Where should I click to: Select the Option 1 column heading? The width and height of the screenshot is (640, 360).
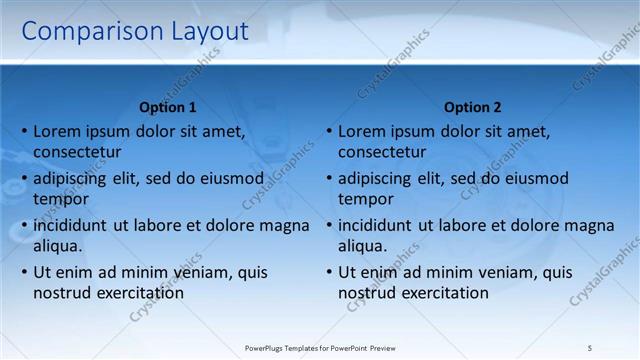point(168,107)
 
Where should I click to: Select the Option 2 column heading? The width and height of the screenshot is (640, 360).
point(472,107)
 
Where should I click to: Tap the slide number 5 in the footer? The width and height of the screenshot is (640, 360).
point(589,347)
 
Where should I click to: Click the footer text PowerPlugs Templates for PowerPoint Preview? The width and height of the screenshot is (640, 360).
point(320,347)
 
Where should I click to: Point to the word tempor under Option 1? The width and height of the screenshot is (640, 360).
point(61,200)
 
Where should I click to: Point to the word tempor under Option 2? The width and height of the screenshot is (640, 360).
point(365,200)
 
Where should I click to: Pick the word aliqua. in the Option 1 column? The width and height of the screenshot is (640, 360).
point(58,246)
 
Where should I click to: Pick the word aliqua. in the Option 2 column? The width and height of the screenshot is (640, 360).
point(362,246)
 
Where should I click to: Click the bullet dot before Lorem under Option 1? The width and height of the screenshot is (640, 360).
point(24,132)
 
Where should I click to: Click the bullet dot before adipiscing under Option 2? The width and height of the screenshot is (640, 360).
point(328,179)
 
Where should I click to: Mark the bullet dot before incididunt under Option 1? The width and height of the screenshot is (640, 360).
point(24,226)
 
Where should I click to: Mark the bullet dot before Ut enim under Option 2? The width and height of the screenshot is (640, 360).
point(328,272)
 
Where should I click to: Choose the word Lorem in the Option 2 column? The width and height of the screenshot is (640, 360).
point(361,131)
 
